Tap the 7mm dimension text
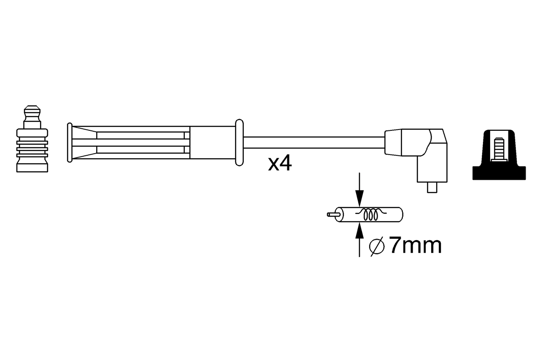[x=415, y=246]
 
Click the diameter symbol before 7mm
[x=376, y=246]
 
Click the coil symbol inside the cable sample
[x=371, y=215]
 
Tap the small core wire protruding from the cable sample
[x=332, y=214]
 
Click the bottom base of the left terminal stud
[x=32, y=164]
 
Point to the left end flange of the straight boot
[x=69, y=143]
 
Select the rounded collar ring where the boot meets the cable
[x=239, y=142]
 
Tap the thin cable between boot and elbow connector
[x=314, y=142]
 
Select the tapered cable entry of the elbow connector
[x=393, y=143]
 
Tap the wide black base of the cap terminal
[x=499, y=173]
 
